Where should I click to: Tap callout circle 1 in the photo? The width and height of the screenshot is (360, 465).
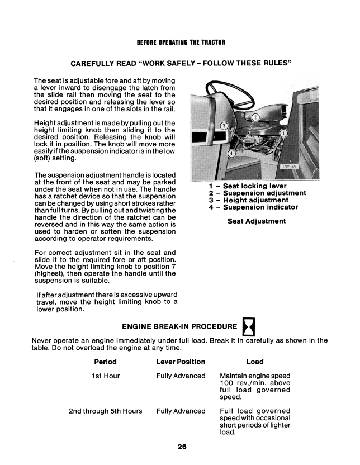[x=283, y=134]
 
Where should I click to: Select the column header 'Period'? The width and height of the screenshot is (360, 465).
[x=106, y=362]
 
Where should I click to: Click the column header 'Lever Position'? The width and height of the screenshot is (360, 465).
[x=181, y=362]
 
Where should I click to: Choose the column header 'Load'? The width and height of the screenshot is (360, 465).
[x=255, y=362]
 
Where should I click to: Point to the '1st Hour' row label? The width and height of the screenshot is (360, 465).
[x=106, y=376]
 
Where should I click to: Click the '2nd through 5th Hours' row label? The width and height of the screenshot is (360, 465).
[x=105, y=411]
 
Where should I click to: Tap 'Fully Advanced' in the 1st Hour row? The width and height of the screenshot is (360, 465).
[x=181, y=376]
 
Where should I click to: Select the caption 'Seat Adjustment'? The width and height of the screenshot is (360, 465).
[x=257, y=221]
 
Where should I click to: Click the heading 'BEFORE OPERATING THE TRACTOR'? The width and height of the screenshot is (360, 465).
[x=181, y=43]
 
